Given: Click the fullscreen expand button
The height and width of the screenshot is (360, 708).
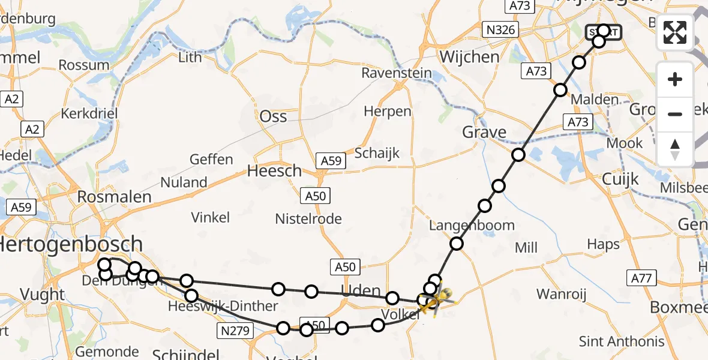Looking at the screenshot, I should [x=675, y=32].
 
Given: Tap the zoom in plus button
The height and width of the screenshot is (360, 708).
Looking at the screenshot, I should [x=675, y=79].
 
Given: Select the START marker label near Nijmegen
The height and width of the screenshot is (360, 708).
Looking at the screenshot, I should [x=604, y=32].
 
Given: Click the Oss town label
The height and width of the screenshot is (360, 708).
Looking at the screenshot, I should [x=273, y=116].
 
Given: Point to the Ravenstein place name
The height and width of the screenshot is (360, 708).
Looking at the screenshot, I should [x=397, y=73].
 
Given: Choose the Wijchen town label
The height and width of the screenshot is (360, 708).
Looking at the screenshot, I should [x=469, y=57].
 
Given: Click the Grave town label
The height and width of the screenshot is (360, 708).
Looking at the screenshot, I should [x=485, y=132].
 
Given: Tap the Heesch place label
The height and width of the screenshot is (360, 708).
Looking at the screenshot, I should [x=274, y=171].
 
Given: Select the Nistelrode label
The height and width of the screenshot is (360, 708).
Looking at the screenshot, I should [x=308, y=218].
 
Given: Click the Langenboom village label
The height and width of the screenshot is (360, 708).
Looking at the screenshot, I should [x=472, y=226].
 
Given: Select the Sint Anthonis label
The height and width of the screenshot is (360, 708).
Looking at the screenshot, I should [x=622, y=341].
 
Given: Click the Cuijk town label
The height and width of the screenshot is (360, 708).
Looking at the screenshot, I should [x=619, y=179].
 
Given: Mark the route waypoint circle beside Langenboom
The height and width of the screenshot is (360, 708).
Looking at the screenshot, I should [x=457, y=244].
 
